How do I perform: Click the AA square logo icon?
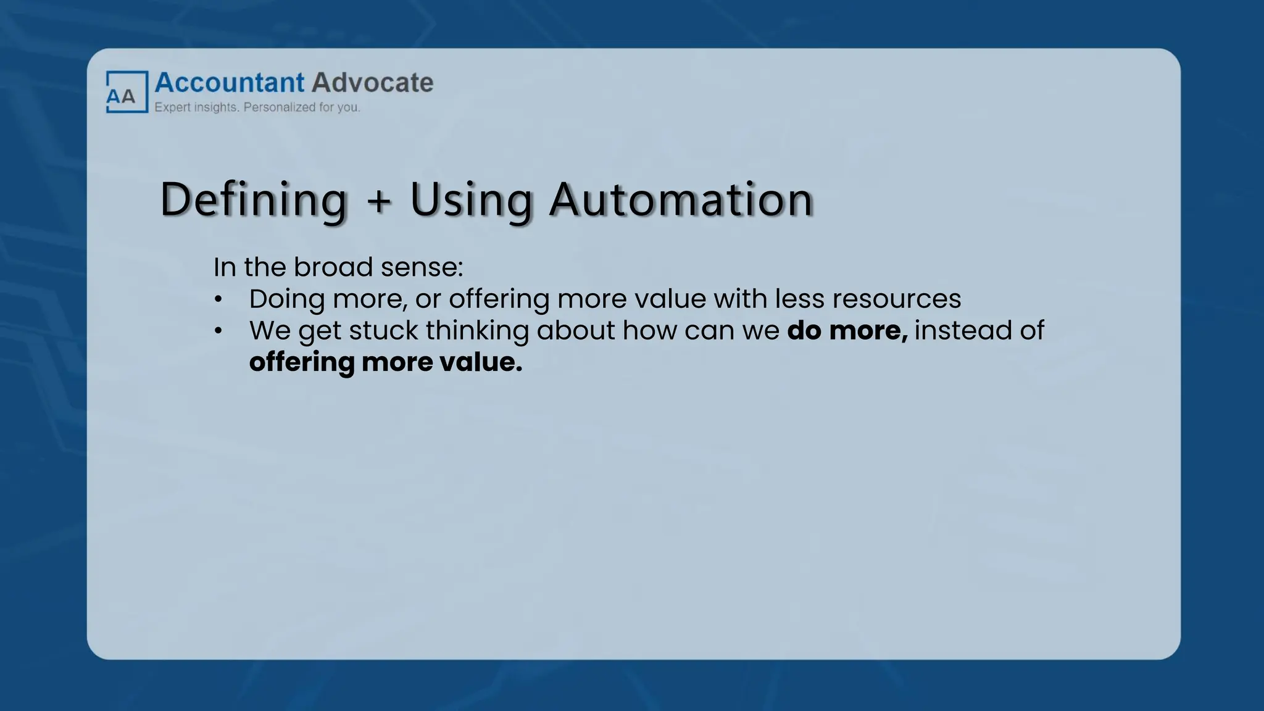(x=127, y=92)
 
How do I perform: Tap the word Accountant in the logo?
(x=230, y=83)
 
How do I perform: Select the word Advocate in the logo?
(x=372, y=83)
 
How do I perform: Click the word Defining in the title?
(x=254, y=200)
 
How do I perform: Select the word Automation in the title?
(x=681, y=200)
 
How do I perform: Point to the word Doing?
(x=287, y=299)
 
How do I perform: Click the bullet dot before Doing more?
(x=218, y=300)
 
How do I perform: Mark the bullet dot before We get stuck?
(x=218, y=331)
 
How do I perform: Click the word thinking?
(x=477, y=331)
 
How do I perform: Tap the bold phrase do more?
(x=847, y=331)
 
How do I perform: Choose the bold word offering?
(x=302, y=363)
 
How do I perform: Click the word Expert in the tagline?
(x=172, y=107)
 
